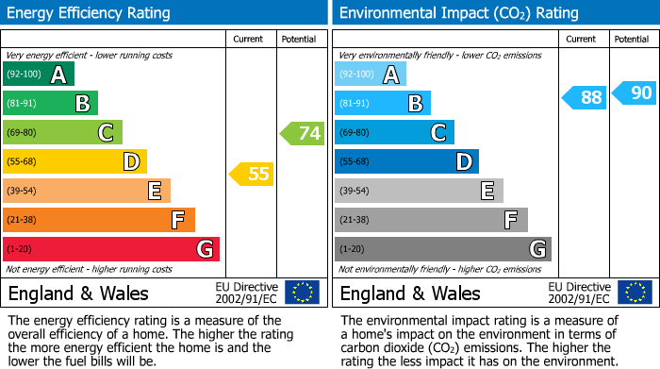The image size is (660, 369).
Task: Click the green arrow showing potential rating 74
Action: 303,133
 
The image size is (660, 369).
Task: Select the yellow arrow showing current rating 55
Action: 252,174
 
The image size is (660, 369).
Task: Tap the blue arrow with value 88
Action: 585,97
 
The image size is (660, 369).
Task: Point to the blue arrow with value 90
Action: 634,92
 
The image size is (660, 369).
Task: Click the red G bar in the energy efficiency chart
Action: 111,249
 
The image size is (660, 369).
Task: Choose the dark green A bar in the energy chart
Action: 39,75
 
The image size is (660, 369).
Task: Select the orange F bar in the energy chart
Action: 99,220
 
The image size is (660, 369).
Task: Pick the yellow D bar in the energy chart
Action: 74,162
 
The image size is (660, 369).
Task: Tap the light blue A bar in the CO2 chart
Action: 371,75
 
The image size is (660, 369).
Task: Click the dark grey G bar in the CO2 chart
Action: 442,249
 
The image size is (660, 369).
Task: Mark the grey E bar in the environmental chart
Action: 419,191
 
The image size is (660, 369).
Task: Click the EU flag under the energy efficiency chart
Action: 303,293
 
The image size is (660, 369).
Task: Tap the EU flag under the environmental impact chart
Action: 635,293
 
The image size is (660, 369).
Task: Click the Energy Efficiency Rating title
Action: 90,13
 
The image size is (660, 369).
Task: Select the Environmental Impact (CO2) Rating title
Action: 458,13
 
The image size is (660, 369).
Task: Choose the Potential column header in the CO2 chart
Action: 632,39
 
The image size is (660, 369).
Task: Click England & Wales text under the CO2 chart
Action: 410,293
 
